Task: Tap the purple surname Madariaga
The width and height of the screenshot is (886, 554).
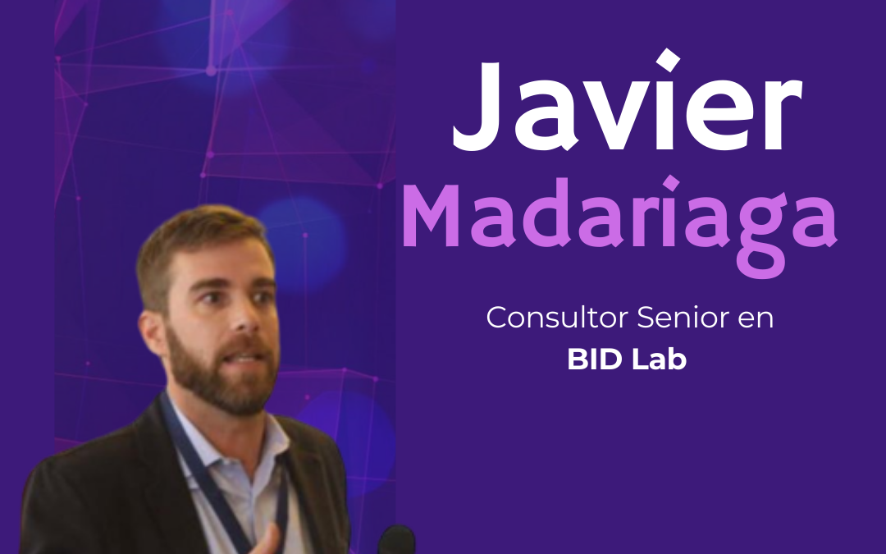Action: point(619,220)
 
